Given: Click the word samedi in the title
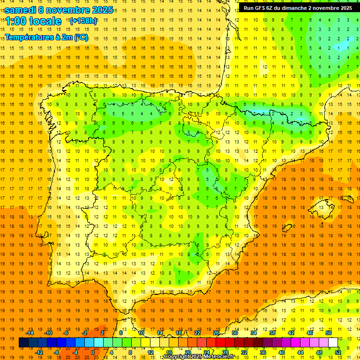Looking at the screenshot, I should pyautogui.click(x=22, y=10).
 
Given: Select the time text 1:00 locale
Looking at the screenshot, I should pyautogui.click(x=33, y=21).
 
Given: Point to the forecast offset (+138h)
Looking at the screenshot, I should pyautogui.click(x=83, y=21).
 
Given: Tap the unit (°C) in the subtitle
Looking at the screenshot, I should pyautogui.click(x=80, y=37).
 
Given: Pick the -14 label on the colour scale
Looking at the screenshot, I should pyautogui.click(x=30, y=333).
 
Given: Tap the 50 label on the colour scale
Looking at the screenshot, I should pyautogui.click(x=329, y=333).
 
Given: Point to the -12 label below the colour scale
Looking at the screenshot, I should pyautogui.click(x=39, y=352).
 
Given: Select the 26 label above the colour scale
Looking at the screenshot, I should pyautogui.click(x=216, y=333).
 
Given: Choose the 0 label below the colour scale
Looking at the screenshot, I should pyautogui.click(x=92, y=352).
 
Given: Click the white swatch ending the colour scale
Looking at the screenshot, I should pyautogui.click(x=333, y=343).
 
